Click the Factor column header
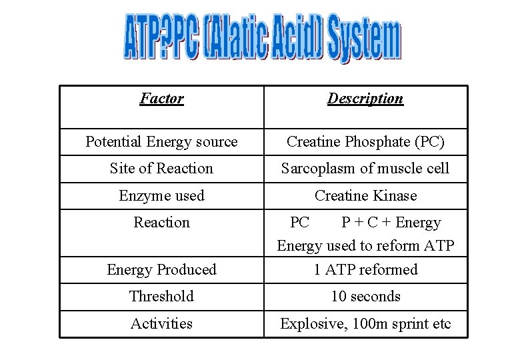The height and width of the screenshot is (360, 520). [x=161, y=99]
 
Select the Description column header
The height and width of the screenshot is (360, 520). [x=365, y=99]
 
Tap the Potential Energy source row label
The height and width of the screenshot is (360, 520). [x=161, y=141]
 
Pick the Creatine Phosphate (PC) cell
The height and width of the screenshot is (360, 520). [x=365, y=141]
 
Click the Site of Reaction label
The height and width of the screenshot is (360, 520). [x=161, y=169]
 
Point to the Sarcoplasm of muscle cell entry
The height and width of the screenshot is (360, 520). [x=365, y=169]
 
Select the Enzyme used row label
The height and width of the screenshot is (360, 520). [x=161, y=196]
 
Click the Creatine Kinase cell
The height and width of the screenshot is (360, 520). [x=365, y=196]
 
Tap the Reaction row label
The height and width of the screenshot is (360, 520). [x=161, y=222]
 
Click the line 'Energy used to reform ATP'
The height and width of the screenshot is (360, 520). [x=365, y=246]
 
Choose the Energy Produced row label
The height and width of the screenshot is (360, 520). [x=161, y=270]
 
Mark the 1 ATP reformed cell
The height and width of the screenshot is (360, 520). [x=365, y=270]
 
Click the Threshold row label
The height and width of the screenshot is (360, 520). [x=161, y=297]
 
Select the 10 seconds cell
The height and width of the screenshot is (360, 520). [x=365, y=297]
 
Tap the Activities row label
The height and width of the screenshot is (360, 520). [x=161, y=324]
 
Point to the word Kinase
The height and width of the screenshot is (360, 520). [x=393, y=196]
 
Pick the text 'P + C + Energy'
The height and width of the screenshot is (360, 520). [x=391, y=222]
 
